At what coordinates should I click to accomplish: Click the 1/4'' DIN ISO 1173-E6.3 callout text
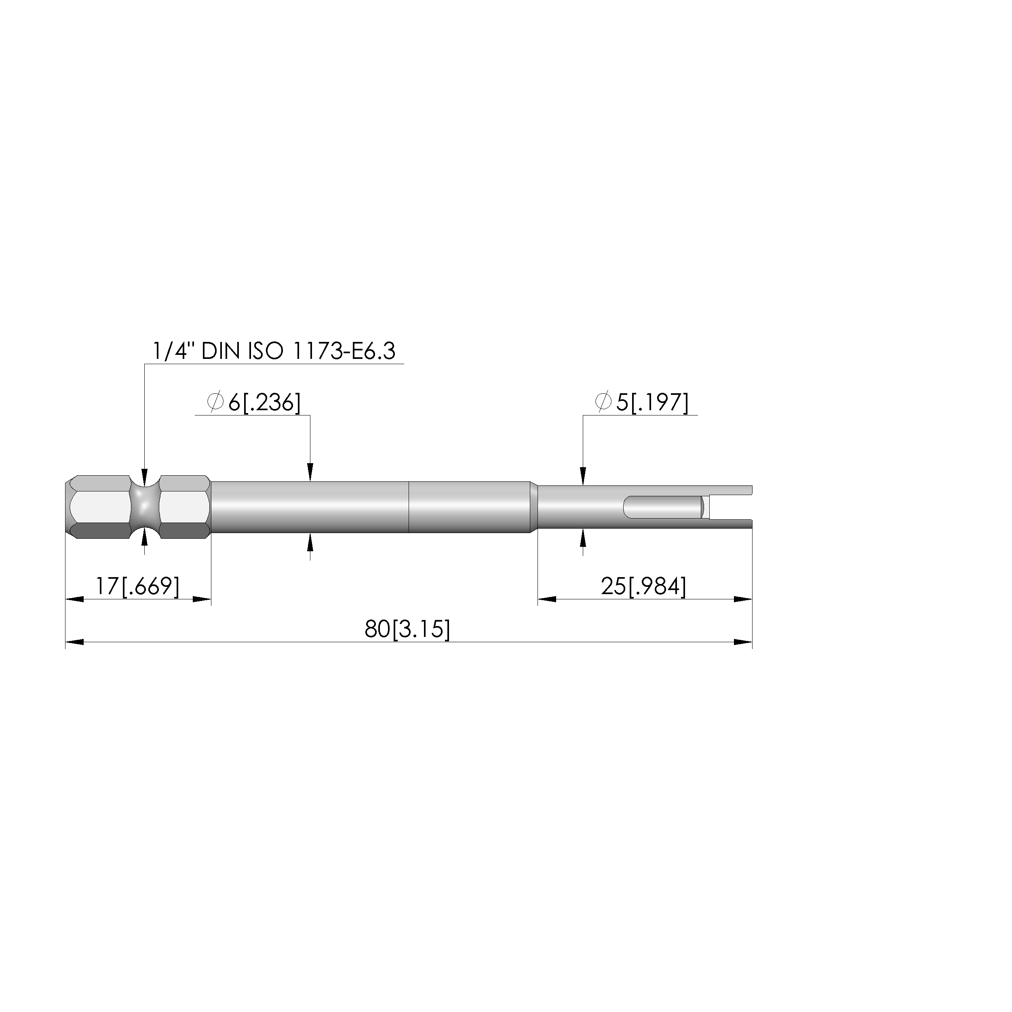click(274, 351)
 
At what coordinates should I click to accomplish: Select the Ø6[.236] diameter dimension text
click(254, 402)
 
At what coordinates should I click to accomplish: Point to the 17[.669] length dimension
click(137, 586)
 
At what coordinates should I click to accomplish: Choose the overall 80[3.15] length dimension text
click(407, 628)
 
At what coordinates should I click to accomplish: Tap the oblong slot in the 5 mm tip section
click(663, 507)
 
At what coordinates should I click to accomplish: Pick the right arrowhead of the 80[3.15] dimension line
click(743, 642)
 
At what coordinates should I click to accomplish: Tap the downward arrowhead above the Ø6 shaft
click(310, 472)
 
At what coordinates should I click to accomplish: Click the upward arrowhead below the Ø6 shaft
click(310, 542)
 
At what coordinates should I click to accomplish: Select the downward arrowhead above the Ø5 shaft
click(583, 476)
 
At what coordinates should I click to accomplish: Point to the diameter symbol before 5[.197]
click(603, 402)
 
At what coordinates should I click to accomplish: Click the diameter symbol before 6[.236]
click(215, 402)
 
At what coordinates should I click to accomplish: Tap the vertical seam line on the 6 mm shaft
click(409, 507)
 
